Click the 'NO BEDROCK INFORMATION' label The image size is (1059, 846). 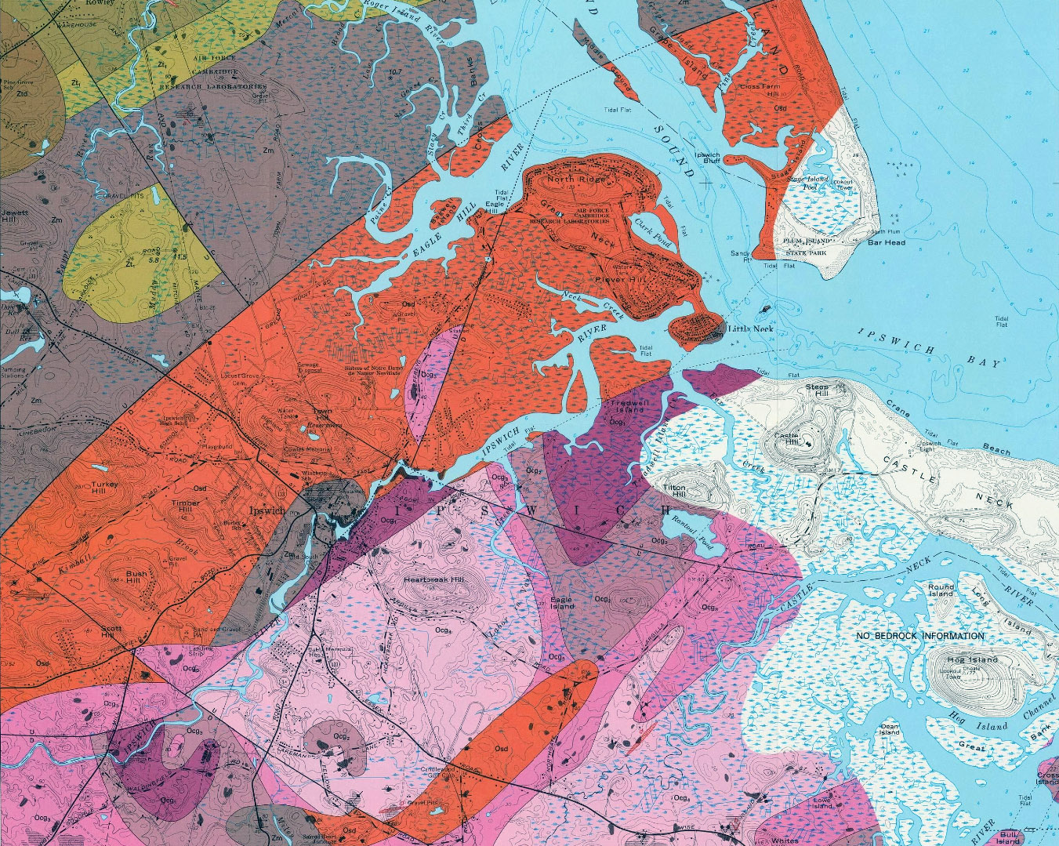point(919,636)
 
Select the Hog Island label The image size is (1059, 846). point(972,659)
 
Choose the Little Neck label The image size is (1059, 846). point(751,329)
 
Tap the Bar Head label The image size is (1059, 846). point(886,242)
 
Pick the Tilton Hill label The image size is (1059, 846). point(674,492)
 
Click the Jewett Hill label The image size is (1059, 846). point(16,216)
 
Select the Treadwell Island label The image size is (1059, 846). point(626,406)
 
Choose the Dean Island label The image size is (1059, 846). point(889,729)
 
